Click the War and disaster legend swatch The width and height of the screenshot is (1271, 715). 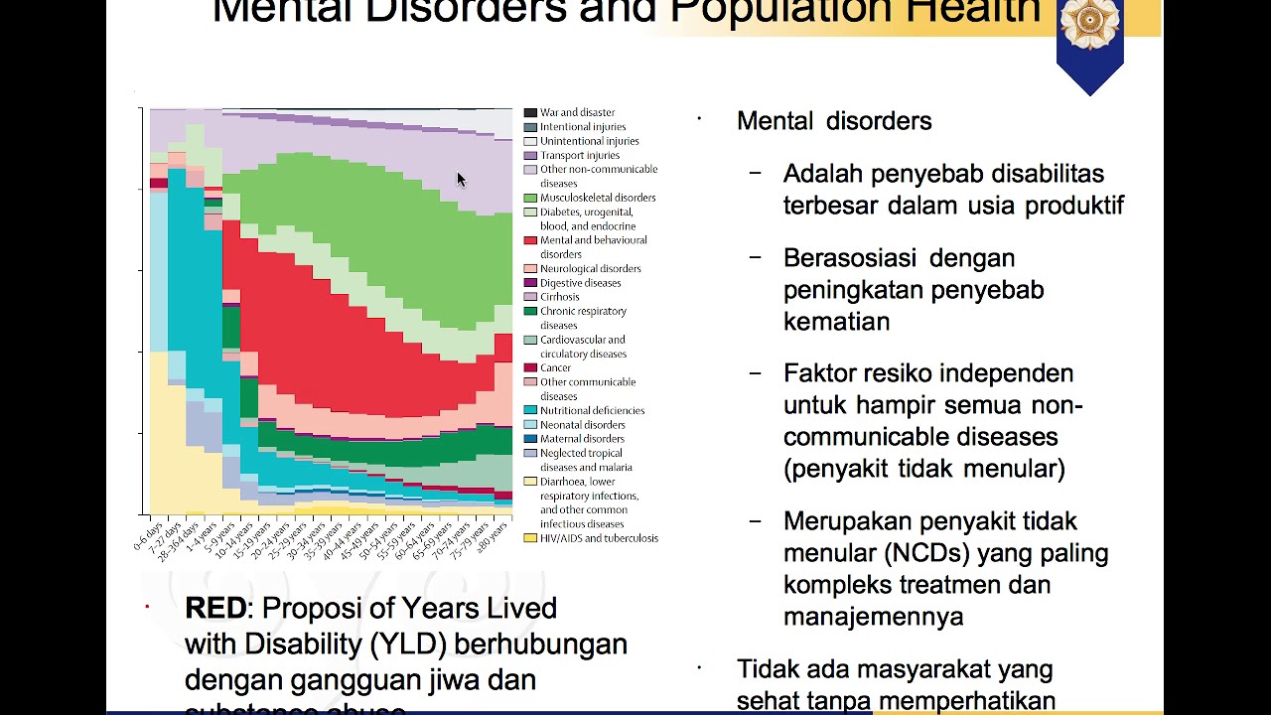(x=530, y=113)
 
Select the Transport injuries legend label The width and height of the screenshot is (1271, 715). (x=579, y=156)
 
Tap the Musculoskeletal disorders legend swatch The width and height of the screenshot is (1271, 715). (x=530, y=199)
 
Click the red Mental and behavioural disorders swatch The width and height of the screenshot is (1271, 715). (x=530, y=241)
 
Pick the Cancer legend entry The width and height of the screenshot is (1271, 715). (x=555, y=368)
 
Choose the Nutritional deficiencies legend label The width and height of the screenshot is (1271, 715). (x=592, y=411)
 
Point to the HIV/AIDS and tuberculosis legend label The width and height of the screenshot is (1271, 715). (x=599, y=538)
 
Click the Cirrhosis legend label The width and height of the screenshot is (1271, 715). (x=561, y=297)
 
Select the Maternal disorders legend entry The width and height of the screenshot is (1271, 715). (x=582, y=439)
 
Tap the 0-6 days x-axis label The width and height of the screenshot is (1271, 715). (x=148, y=533)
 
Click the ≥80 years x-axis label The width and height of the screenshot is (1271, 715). (x=491, y=535)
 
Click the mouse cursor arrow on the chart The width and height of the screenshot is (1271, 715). (x=461, y=180)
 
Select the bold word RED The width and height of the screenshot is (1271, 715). (x=215, y=608)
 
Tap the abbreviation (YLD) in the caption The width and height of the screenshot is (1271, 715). (x=405, y=643)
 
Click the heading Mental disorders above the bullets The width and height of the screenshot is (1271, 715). (x=834, y=121)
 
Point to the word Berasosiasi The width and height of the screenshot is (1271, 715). (x=849, y=258)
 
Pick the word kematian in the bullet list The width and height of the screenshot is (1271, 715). (x=836, y=322)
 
